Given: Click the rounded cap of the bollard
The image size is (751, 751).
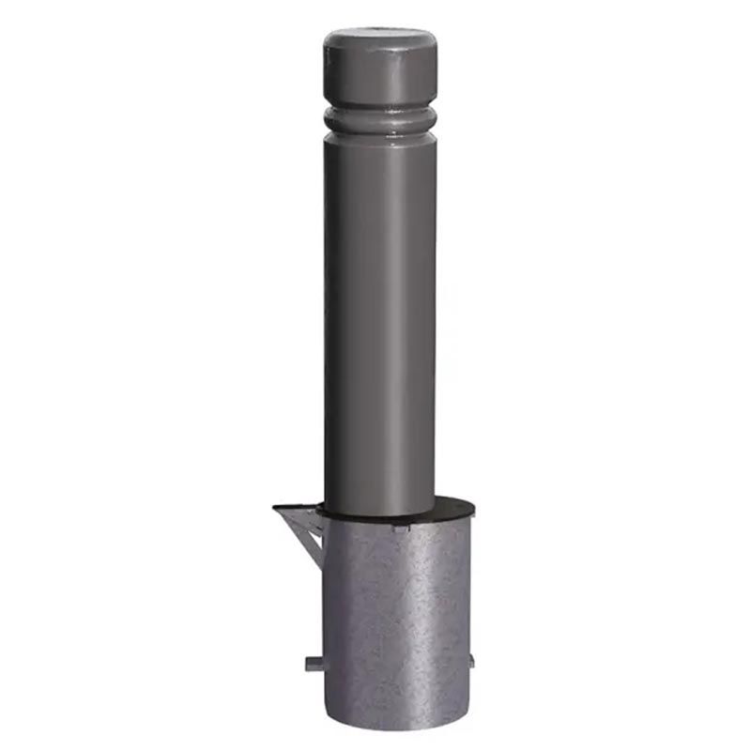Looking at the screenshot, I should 379,70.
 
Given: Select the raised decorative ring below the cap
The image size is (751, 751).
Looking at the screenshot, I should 379,119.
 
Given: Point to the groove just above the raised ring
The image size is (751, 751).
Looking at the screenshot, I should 379,109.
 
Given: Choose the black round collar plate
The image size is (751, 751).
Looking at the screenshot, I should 451,513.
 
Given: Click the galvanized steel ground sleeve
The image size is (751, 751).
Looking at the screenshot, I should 394,620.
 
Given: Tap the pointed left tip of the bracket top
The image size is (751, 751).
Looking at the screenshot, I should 275,509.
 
